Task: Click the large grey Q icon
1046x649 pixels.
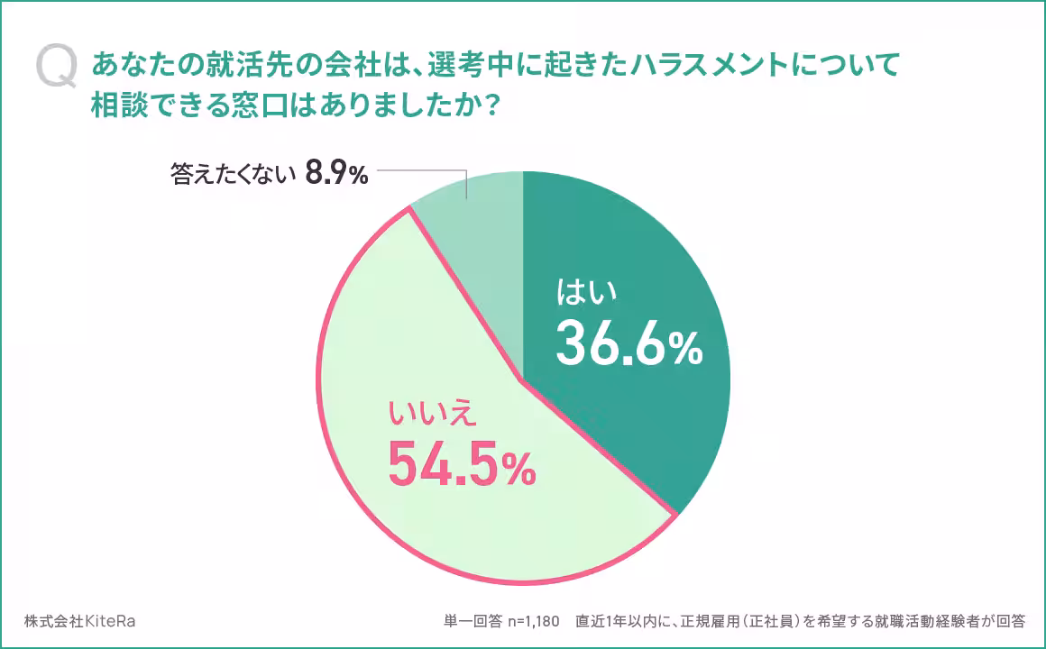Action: (56, 69)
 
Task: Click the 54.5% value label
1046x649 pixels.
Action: (461, 463)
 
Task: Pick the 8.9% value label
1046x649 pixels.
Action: (336, 174)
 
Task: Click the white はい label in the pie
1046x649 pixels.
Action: (587, 294)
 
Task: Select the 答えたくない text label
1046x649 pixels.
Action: (233, 175)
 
